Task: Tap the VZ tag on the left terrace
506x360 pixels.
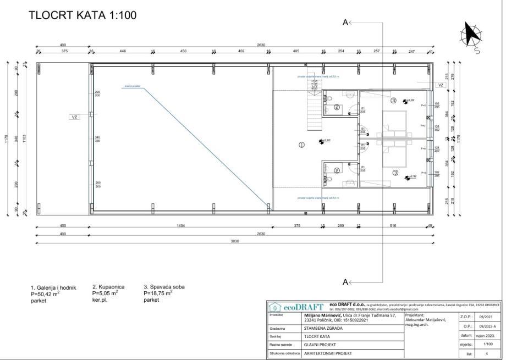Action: tap(75, 117)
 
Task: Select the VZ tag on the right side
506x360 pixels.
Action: tap(441, 85)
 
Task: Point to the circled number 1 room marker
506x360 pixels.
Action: tap(301, 145)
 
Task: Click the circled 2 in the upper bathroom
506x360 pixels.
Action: tap(337, 107)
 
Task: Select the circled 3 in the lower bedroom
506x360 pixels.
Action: tap(395, 173)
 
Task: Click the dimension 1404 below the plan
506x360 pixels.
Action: tap(180, 226)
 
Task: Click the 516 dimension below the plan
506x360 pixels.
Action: tap(393, 226)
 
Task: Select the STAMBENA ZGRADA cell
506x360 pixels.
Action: tap(323, 328)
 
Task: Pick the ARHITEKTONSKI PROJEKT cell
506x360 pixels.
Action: tap(328, 353)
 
